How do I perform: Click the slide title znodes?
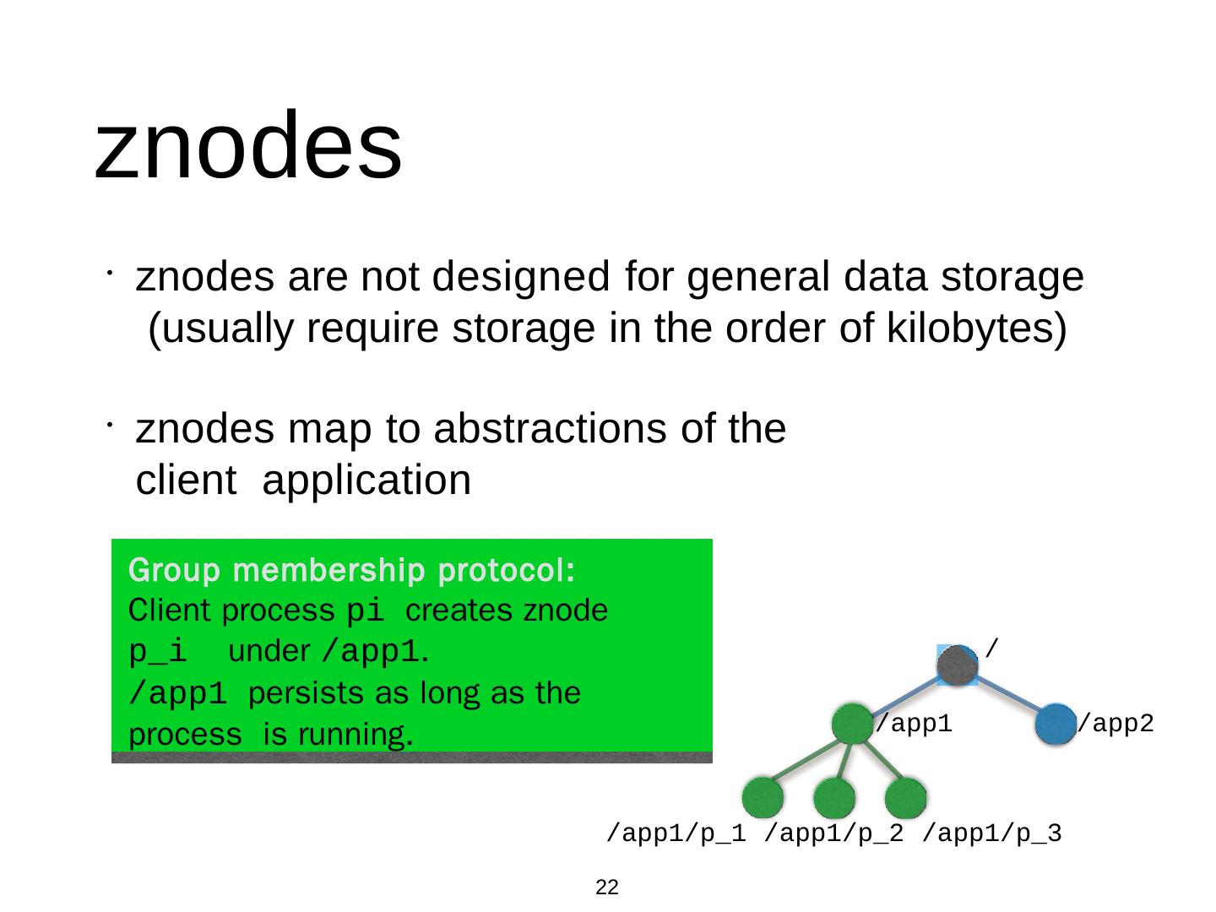(247, 145)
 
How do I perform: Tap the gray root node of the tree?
(957, 665)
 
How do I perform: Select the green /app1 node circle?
(851, 724)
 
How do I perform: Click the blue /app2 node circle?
(1056, 724)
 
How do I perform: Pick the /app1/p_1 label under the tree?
(677, 834)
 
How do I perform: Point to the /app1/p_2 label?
(834, 834)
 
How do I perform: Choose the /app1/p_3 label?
(992, 834)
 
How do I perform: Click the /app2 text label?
(1116, 724)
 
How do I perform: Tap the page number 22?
(606, 888)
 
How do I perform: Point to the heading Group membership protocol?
(352, 572)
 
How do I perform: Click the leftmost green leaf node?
(763, 797)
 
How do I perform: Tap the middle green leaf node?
(834, 797)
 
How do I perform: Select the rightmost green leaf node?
(906, 797)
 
